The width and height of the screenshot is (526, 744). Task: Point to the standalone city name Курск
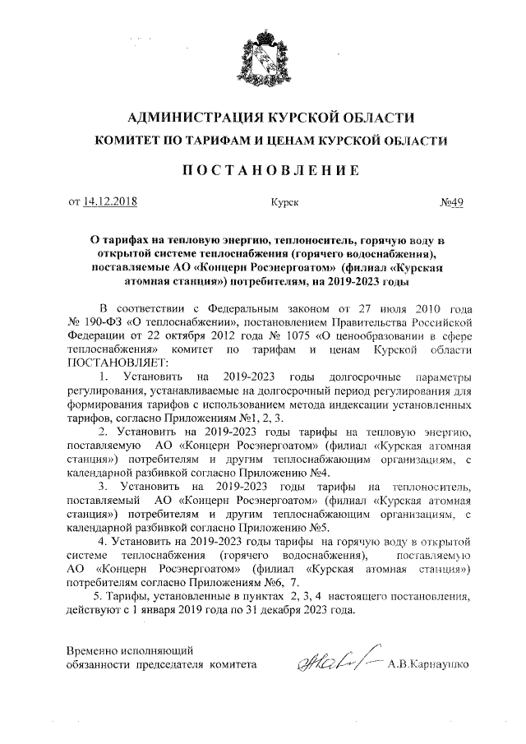point(284,201)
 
